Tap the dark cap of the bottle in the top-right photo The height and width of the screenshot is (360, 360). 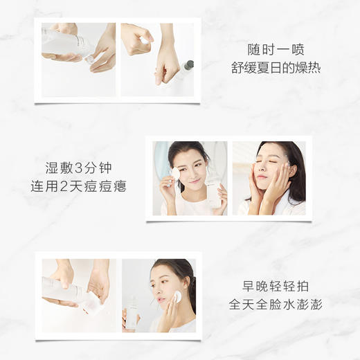(x=189, y=66)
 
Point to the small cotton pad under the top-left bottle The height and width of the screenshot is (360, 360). (x=90, y=59)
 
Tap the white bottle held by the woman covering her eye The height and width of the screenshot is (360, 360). (x=213, y=192)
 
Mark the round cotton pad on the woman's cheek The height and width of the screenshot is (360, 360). (x=177, y=296)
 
